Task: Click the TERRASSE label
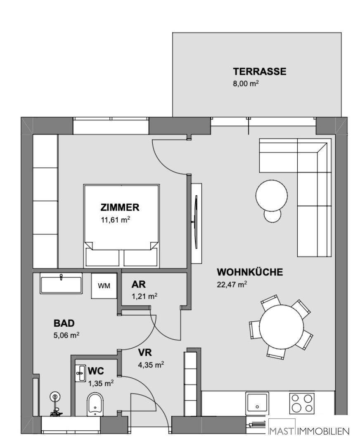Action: click(x=259, y=71)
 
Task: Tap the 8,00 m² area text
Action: click(x=246, y=83)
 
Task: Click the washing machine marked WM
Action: click(x=104, y=286)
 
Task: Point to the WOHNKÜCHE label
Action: click(x=250, y=272)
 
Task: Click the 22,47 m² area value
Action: click(x=232, y=284)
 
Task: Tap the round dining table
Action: click(x=281, y=326)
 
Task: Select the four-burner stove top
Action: click(x=301, y=403)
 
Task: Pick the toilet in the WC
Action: click(x=95, y=403)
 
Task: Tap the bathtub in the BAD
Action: click(x=61, y=285)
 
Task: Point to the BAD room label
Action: click(x=64, y=323)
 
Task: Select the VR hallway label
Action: click(x=146, y=353)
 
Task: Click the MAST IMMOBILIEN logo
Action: click(x=309, y=431)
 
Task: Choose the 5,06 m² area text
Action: click(x=66, y=335)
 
